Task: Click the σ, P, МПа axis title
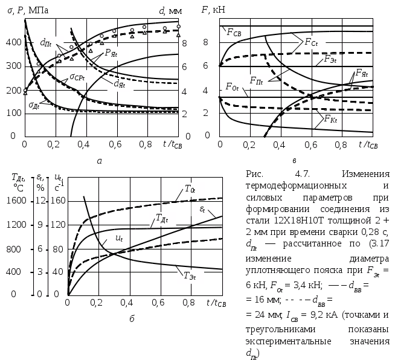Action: (x=28, y=11)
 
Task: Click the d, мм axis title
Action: (x=170, y=11)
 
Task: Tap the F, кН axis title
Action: (x=213, y=10)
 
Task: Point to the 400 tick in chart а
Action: (x=14, y=42)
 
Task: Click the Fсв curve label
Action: (x=234, y=33)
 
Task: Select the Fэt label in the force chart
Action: (x=330, y=59)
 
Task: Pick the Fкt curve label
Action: (x=330, y=118)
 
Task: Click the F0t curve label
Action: (x=232, y=87)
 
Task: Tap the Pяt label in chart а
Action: (x=111, y=53)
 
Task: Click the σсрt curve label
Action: (x=77, y=77)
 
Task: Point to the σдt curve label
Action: (x=34, y=105)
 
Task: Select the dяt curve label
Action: (x=120, y=84)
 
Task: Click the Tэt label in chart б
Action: (x=190, y=275)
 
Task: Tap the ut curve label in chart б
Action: (x=119, y=238)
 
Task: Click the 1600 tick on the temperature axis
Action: (x=16, y=201)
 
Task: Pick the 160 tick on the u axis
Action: (x=58, y=201)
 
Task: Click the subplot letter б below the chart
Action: (x=132, y=319)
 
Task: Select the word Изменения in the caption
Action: (x=365, y=174)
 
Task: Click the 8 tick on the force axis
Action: (x=206, y=42)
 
